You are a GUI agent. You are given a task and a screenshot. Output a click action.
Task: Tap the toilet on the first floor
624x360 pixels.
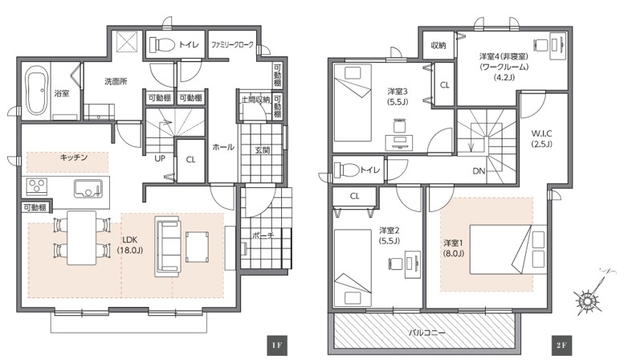pos(162,45)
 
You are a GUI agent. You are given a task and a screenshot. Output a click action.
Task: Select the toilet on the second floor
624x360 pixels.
pos(346,170)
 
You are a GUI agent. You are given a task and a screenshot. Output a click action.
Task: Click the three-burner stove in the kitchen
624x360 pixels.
pos(37,186)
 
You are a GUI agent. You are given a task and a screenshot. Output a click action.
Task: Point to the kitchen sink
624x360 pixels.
pos(88,189)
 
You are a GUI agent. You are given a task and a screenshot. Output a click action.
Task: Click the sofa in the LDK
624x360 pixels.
pos(168,247)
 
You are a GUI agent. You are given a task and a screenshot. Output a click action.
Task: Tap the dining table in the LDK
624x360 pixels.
pos(82,238)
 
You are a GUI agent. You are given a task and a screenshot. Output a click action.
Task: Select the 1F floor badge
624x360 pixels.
pos(277,346)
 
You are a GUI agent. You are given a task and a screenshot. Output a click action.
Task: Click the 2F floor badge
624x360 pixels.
pos(561,346)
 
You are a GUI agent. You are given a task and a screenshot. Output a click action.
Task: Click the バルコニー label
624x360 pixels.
pos(427,332)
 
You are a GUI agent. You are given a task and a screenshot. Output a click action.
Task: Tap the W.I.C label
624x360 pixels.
pos(541,134)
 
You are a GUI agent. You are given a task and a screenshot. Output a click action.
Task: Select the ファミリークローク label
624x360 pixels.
pos(232,45)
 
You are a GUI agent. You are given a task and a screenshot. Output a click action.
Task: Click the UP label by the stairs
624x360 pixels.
pos(160,158)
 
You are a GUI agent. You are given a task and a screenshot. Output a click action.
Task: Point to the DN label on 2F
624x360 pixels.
pos(479,171)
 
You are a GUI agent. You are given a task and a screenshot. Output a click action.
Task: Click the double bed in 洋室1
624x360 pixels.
pos(508,249)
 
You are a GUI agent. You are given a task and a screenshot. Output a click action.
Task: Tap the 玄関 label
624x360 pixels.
pos(263,150)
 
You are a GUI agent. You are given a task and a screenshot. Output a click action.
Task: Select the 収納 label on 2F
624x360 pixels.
pos(438,46)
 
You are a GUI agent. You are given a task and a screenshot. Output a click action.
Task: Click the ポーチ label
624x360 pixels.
pos(263,235)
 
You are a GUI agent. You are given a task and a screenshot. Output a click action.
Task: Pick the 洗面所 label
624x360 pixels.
pos(116,82)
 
